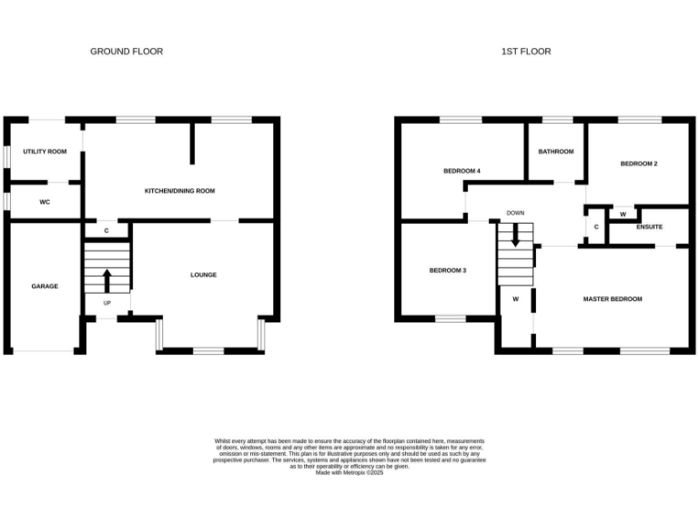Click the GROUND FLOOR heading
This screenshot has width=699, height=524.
click(x=127, y=52)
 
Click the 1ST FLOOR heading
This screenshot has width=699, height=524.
click(x=526, y=52)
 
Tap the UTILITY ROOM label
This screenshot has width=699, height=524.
click(x=45, y=151)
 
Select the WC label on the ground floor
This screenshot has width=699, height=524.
click(x=44, y=202)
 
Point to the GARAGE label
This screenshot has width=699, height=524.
click(x=45, y=286)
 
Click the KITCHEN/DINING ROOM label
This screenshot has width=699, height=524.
click(x=179, y=190)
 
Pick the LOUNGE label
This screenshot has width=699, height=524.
click(x=203, y=275)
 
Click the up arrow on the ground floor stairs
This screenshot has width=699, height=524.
click(x=106, y=278)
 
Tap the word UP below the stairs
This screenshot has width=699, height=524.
click(x=106, y=303)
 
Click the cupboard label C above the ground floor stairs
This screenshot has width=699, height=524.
click(x=106, y=231)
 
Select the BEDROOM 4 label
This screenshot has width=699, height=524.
click(x=461, y=171)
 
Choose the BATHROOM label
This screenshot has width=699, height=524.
click(x=555, y=151)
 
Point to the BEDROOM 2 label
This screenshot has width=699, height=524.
click(x=639, y=164)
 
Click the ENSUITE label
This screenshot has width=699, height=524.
click(x=650, y=227)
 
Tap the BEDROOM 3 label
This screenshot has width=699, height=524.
click(x=448, y=270)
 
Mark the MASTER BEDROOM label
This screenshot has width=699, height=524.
click(x=613, y=298)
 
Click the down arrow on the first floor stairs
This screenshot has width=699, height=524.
click(x=516, y=236)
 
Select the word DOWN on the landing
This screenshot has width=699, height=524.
click(x=516, y=214)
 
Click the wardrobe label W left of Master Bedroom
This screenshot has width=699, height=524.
click(x=515, y=298)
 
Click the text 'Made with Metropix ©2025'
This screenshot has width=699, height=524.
click(x=349, y=472)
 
